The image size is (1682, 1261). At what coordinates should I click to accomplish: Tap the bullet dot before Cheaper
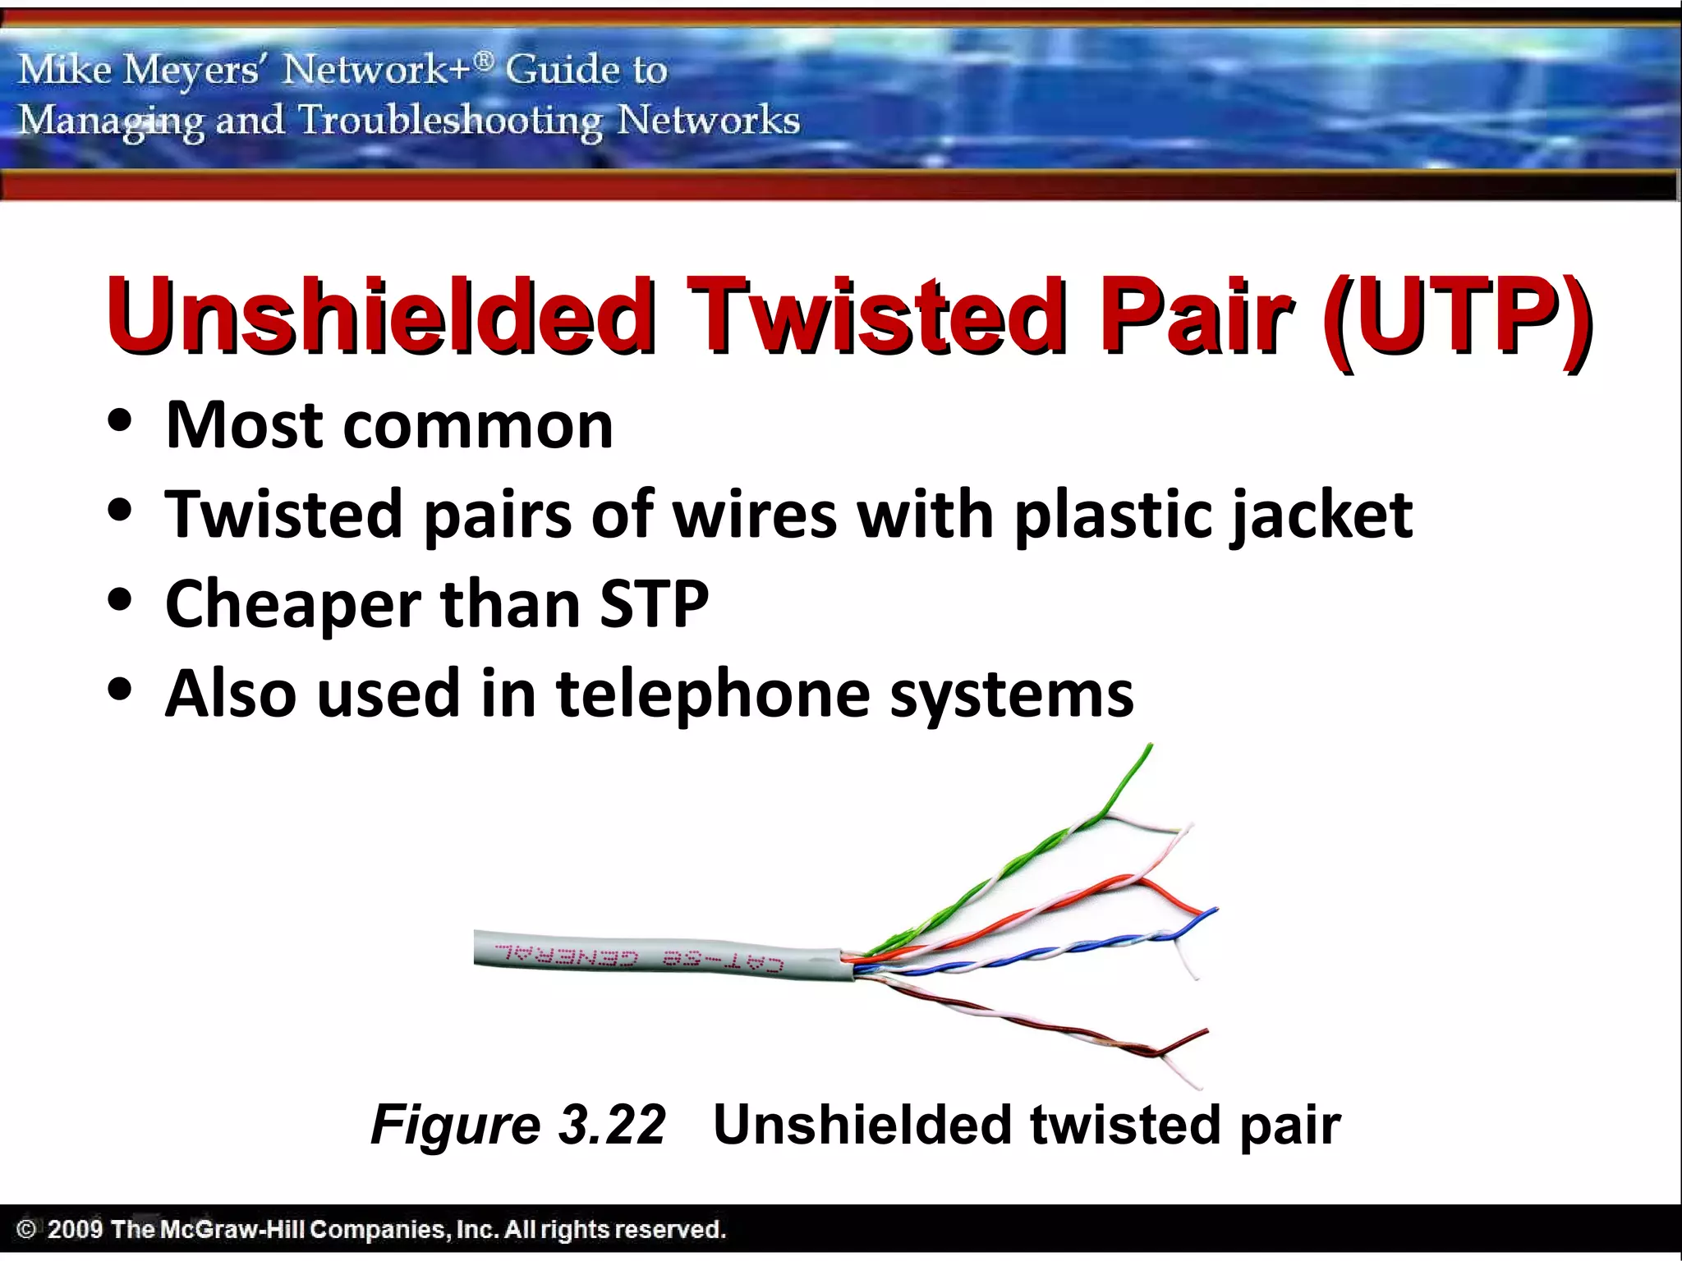pyautogui.click(x=120, y=600)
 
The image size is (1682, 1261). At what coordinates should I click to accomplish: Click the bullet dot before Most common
pyautogui.click(x=120, y=422)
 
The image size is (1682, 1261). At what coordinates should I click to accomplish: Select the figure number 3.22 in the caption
pyautogui.click(x=611, y=1125)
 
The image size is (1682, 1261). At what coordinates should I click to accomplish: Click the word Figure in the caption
pyautogui.click(x=455, y=1125)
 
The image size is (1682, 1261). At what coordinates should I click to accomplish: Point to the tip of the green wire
pyautogui.click(x=1150, y=746)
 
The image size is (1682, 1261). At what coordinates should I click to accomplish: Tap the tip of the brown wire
pyautogui.click(x=1206, y=1031)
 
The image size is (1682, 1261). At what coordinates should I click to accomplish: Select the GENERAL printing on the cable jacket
pyautogui.click(x=567, y=956)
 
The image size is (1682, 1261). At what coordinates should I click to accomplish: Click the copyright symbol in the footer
pyautogui.click(x=26, y=1229)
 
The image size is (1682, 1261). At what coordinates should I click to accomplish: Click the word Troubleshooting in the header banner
pyautogui.click(x=450, y=121)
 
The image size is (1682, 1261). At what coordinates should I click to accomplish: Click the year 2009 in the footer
pyautogui.click(x=75, y=1229)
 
